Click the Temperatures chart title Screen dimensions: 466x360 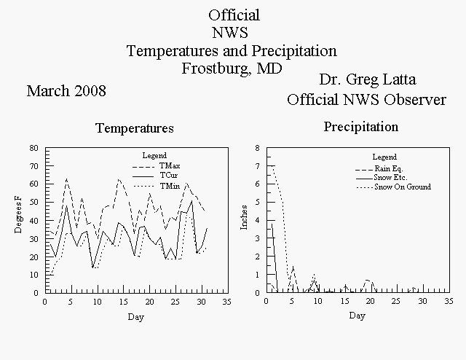[135, 128]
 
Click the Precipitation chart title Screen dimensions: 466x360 [361, 127]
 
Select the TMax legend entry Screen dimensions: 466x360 [157, 165]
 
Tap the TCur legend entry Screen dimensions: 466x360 [155, 175]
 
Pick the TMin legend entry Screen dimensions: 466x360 [157, 187]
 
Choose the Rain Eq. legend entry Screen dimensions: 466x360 [379, 169]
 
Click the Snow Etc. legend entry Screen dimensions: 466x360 [382, 178]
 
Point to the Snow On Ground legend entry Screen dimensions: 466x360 [393, 187]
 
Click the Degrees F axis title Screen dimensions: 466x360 [18, 214]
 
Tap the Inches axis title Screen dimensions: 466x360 [244, 217]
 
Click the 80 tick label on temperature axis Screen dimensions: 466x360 [34, 148]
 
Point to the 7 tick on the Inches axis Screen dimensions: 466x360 [258, 166]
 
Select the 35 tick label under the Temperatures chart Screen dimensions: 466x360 [226, 302]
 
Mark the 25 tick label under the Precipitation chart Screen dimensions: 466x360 [396, 301]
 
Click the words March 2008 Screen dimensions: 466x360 [66, 91]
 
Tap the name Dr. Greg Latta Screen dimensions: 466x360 [368, 79]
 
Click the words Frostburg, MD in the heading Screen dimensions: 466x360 [232, 69]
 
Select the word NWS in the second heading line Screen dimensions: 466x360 [230, 33]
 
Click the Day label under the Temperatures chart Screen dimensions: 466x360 [136, 317]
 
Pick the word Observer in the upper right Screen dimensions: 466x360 [415, 100]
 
